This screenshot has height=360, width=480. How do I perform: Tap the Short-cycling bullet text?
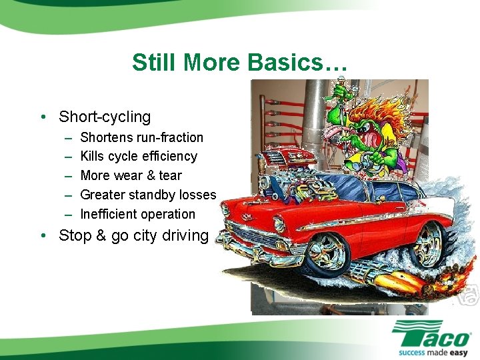105,117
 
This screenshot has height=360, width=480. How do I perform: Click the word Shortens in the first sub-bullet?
107,137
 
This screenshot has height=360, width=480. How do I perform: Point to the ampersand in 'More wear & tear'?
151,176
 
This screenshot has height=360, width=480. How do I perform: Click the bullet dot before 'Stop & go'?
43,236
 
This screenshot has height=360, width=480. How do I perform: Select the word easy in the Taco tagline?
458,351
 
